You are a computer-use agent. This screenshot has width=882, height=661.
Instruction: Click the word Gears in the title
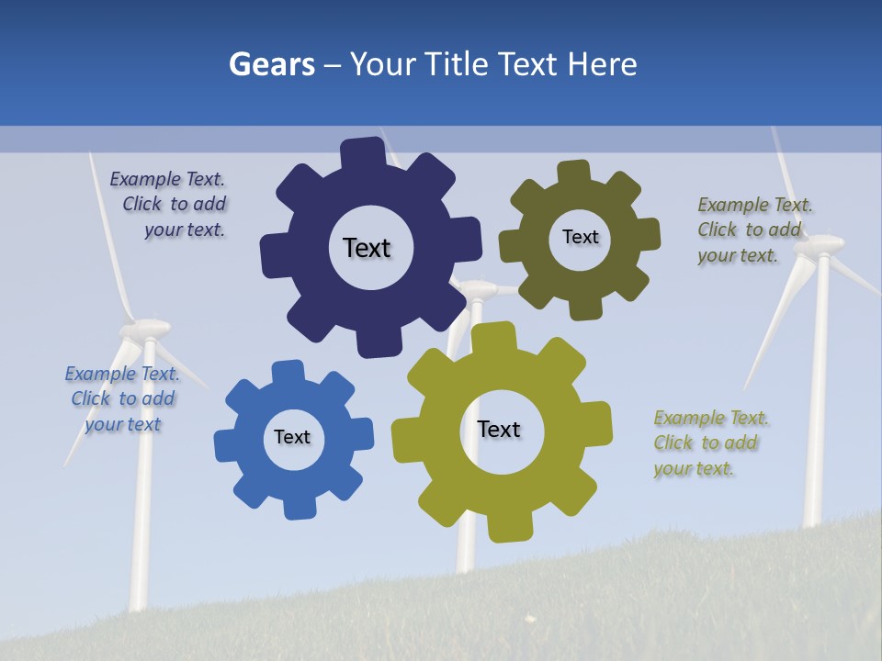tap(272, 64)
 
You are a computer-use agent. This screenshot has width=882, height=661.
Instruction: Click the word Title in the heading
tap(457, 64)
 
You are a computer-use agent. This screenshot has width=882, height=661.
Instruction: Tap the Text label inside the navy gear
tap(367, 248)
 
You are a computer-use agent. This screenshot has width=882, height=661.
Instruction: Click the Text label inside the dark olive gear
tap(580, 237)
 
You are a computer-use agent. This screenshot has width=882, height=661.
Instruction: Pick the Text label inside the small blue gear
tap(292, 437)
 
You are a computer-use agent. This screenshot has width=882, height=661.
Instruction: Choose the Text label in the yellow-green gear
tap(499, 429)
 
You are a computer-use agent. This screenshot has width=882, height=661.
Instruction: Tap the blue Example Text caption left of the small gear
tap(123, 398)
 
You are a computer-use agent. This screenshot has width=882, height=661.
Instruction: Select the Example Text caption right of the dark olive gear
tap(753, 230)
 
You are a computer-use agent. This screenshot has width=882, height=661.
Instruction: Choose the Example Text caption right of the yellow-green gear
tap(709, 443)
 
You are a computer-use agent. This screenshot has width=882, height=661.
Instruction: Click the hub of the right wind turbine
tap(818, 245)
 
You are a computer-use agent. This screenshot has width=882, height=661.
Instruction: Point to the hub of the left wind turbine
tap(147, 328)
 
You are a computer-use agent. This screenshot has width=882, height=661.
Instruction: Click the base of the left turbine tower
tap(138, 601)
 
